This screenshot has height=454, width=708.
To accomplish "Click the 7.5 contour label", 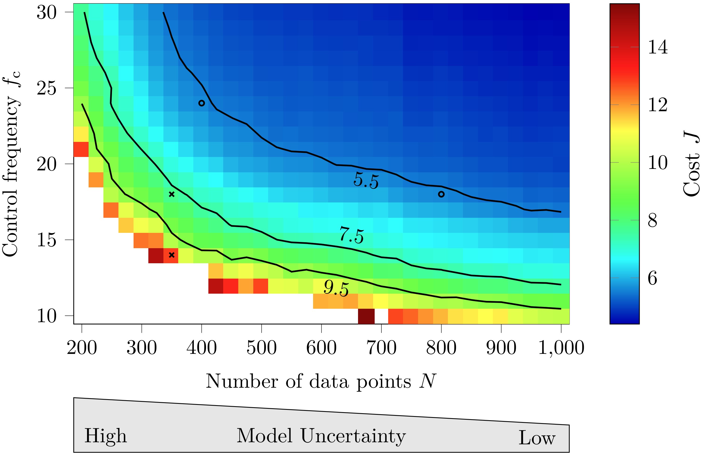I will coord(351,235).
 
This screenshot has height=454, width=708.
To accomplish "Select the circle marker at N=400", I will coord(202,103).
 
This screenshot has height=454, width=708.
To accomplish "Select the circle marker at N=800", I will coord(441,194).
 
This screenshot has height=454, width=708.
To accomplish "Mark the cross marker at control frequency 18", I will coord(172,194).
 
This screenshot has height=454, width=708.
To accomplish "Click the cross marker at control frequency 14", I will coord(172,255).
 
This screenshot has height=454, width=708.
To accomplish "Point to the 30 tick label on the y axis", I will coord(47,13).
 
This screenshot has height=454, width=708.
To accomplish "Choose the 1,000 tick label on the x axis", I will coord(561,348).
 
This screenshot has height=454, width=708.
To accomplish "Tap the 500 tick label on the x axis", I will coord(261,348).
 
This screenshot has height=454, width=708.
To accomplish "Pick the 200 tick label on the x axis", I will coord(82,348).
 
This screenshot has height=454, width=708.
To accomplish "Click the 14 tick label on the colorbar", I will coord(658,47).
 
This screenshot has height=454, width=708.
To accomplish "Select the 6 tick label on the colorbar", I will coord(653,278).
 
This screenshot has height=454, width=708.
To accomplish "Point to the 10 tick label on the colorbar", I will coord(658,163).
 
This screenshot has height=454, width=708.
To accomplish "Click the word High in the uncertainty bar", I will coord(105,436).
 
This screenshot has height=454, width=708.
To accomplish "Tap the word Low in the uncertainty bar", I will coord(537,438).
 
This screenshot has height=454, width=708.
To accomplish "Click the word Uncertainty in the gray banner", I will coord(353,436).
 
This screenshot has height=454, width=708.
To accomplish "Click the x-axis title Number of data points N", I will coord(321,381).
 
